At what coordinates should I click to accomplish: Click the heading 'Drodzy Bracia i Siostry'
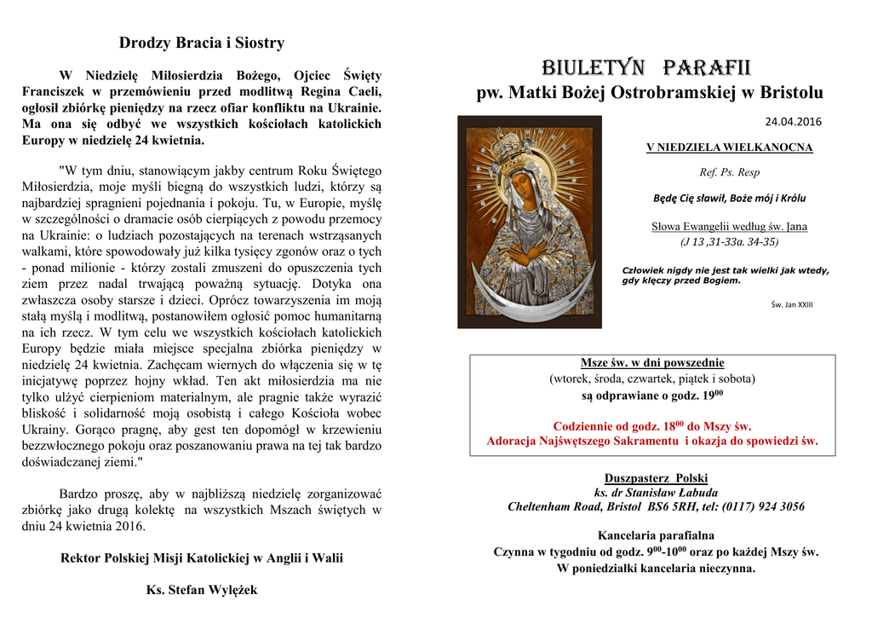202,43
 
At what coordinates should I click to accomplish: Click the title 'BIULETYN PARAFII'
647,66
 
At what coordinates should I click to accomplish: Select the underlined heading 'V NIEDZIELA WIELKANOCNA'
729,147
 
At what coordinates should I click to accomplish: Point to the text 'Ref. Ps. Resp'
729,172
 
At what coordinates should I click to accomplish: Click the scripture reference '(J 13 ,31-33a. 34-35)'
729,242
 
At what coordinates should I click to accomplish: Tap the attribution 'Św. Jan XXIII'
791,304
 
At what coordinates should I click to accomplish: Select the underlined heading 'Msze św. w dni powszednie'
652,363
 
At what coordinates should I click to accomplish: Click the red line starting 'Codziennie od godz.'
652,425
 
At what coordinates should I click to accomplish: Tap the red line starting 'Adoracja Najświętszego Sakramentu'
652,441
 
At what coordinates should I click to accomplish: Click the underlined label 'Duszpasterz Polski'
656,478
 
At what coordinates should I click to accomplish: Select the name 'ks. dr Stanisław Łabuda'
656,493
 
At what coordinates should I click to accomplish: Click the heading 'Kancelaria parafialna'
656,536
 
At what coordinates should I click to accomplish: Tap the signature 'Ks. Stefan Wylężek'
202,590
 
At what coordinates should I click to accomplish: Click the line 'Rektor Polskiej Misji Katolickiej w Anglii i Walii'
202,558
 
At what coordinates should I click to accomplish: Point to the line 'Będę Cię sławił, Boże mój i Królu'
729,199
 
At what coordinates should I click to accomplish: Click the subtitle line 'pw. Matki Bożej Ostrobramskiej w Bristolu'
649,93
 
